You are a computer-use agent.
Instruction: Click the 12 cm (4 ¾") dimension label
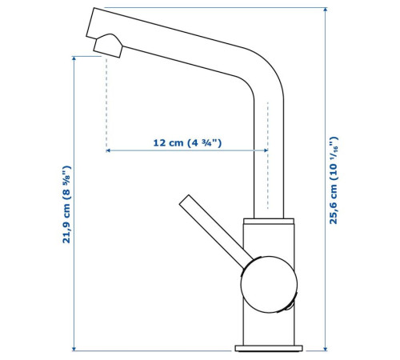coord(187,143)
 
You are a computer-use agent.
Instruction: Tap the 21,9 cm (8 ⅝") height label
coord(66,204)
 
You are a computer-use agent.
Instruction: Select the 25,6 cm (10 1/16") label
coord(334,180)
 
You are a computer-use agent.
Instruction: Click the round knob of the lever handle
coord(269,284)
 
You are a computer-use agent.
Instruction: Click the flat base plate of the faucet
coord(269,348)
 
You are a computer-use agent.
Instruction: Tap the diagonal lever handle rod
coord(216,231)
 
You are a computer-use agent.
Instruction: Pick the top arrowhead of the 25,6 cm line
coord(325,10)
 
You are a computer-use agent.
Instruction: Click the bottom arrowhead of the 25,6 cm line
coord(325,349)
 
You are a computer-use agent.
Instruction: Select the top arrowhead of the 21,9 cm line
coord(74,58)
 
